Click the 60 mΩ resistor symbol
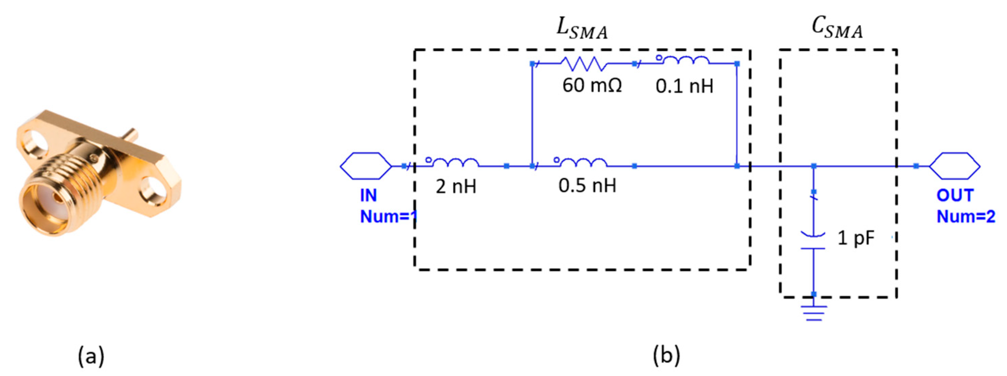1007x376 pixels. (583, 63)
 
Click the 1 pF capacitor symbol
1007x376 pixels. (813, 241)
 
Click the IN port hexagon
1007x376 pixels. (366, 166)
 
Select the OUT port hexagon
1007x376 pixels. (955, 166)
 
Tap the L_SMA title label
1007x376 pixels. (582, 30)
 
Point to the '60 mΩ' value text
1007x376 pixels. (592, 86)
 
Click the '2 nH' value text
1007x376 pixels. (456, 186)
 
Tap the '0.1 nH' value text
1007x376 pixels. (685, 86)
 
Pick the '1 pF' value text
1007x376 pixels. (855, 238)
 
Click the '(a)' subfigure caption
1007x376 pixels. (91, 356)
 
